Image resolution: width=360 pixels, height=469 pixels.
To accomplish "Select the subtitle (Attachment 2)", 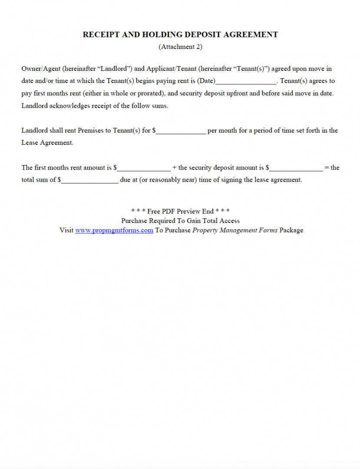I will (x=180, y=47).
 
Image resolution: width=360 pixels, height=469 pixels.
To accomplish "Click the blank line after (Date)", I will (x=246, y=82).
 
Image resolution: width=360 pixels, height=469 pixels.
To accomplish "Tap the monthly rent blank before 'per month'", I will (x=181, y=131).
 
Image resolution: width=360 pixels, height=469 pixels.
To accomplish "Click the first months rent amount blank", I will (x=144, y=168).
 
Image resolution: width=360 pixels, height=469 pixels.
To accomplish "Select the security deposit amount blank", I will (x=296, y=168).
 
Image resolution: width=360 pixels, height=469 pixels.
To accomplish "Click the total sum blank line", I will (x=89, y=180).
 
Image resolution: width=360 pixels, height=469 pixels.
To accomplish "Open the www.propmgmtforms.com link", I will (x=114, y=230).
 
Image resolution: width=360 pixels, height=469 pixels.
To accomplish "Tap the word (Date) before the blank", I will (x=206, y=81).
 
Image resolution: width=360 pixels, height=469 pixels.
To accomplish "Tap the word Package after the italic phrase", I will (x=291, y=230).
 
